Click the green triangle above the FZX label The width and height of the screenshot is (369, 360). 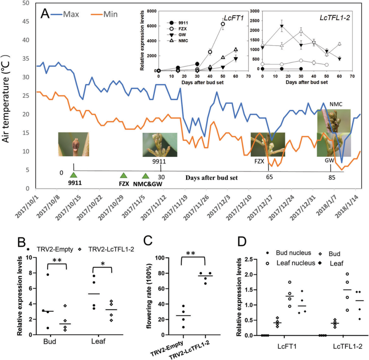point(123,175)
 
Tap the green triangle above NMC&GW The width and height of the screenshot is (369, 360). point(146,176)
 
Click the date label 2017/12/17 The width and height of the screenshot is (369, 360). point(258,208)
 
